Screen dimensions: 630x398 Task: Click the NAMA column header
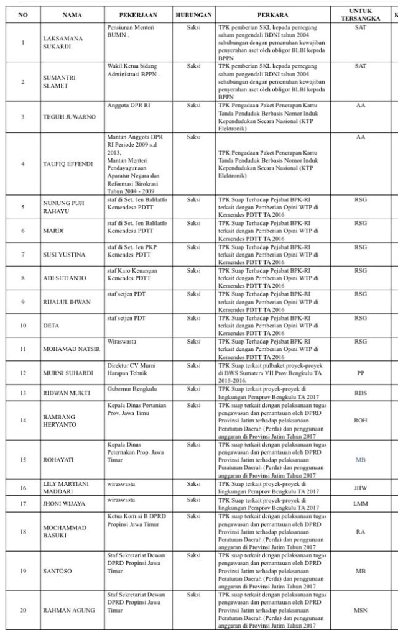pyautogui.click(x=72, y=14)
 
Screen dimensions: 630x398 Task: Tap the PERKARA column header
pyautogui.click(x=274, y=14)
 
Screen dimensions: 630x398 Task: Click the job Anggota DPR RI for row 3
pyautogui.click(x=129, y=106)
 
